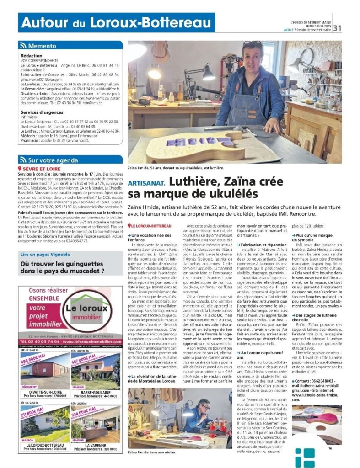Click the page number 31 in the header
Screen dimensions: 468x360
point(338,28)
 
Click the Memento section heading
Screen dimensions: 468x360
point(42,46)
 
